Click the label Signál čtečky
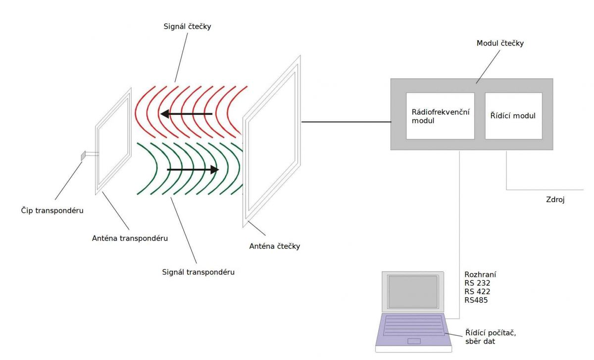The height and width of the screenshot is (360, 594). click(x=188, y=26)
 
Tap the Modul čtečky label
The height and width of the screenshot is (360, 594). click(x=500, y=43)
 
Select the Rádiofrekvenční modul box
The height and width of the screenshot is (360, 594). click(x=440, y=116)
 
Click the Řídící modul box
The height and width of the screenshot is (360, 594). click(x=513, y=116)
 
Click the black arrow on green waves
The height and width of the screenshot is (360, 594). click(x=193, y=170)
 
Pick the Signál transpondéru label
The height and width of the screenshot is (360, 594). click(x=198, y=272)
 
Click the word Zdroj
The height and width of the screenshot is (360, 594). click(x=554, y=200)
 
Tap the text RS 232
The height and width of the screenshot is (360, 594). click(x=477, y=283)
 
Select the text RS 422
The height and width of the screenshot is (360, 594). click(x=477, y=291)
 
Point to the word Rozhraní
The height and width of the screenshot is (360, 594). click(x=480, y=274)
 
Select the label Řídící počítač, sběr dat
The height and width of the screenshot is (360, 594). click(x=488, y=336)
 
